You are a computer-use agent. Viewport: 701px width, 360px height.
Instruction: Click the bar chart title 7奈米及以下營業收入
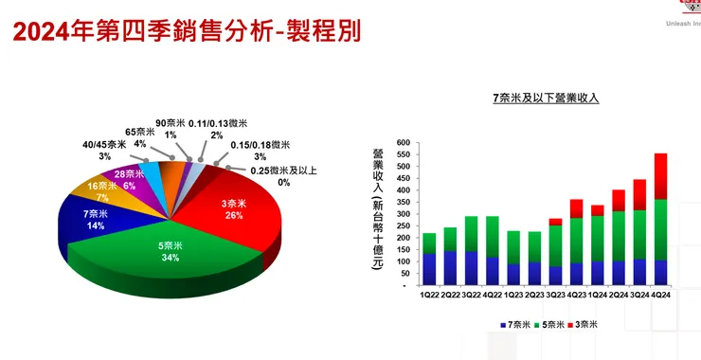coord(547,97)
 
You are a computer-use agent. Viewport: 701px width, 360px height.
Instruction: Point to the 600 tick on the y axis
coord(403,143)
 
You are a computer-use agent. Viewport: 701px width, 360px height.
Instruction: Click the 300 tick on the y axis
coord(403,214)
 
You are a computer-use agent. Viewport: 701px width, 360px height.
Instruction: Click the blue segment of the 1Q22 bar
coord(429,269)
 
